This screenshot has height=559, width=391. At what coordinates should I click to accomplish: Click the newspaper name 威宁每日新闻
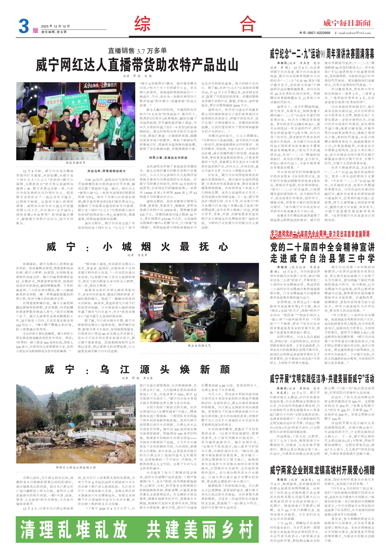click(x=347, y=23)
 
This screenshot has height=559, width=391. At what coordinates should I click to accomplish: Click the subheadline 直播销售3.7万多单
click(x=138, y=51)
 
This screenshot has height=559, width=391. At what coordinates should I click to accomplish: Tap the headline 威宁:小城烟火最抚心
click(x=137, y=247)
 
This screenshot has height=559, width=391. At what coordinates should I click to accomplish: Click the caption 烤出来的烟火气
click(x=199, y=345)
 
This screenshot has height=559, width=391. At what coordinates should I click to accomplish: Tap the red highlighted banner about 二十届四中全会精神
click(x=320, y=234)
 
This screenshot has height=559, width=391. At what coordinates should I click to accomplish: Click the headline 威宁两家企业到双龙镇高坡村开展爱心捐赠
click(x=322, y=469)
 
